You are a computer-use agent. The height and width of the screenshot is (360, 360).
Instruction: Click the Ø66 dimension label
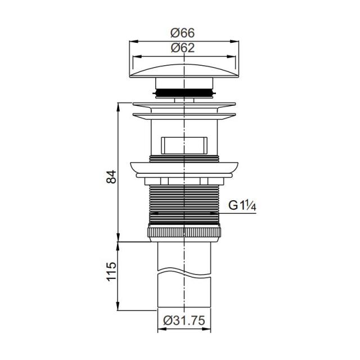tap(182, 33)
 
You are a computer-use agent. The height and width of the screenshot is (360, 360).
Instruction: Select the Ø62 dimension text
tap(182, 48)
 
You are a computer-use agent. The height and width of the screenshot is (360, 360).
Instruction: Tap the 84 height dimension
tap(111, 177)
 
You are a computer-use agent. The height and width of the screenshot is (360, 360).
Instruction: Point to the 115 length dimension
tap(111, 272)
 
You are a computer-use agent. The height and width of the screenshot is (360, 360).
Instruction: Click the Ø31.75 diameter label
tap(184, 320)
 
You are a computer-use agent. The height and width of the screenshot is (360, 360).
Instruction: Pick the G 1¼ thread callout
tap(242, 205)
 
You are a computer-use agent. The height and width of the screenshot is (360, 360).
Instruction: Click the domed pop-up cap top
tap(184, 71)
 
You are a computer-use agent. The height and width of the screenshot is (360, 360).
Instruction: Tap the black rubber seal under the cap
tap(184, 93)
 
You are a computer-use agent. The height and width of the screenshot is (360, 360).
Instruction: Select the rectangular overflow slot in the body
tap(184, 146)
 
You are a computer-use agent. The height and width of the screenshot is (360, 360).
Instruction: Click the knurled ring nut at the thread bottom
tap(184, 232)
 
